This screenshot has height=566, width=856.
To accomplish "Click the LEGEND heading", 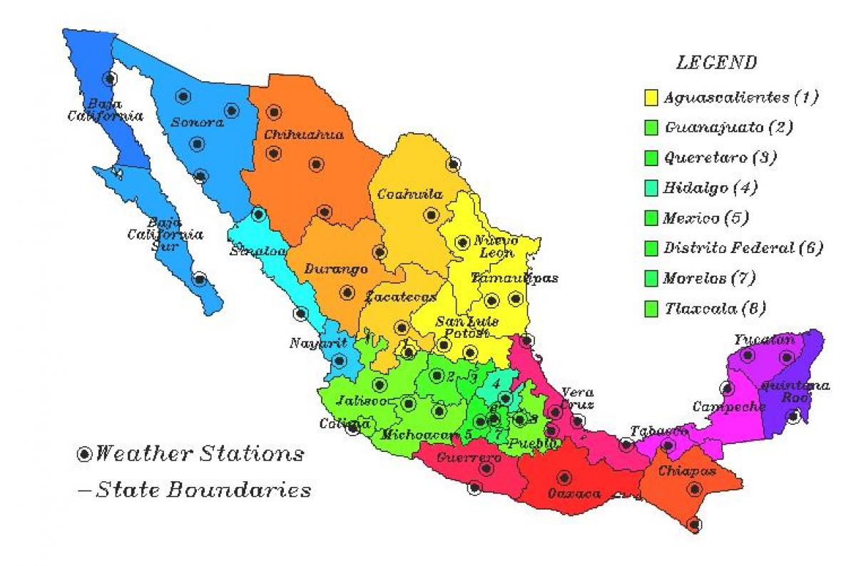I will pos(716,63).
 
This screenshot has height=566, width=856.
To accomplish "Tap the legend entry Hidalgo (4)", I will pos(710,188).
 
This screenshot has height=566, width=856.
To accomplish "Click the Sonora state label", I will pos(197,123).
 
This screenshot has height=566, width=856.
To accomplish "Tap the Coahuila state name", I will pos(410,194).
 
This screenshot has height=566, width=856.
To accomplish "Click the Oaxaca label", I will pos(574,493).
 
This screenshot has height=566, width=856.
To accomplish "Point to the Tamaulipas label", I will pos(514,278).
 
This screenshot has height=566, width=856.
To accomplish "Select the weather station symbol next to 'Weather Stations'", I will pos(85,454).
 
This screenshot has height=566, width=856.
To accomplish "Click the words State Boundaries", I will pos(203,490).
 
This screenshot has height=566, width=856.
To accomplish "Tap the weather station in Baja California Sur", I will pos(200,278).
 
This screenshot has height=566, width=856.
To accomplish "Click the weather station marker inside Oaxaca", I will pos(564,477).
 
